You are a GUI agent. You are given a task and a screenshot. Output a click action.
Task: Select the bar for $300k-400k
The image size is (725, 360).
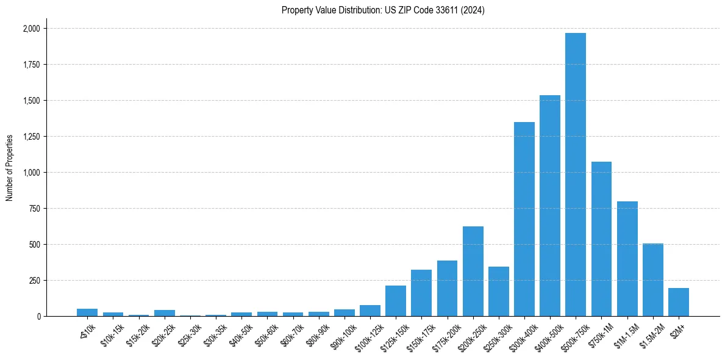[x=524, y=219]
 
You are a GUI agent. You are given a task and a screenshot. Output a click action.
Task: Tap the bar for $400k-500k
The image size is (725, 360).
[x=550, y=206]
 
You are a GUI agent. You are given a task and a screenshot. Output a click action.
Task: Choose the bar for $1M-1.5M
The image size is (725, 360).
[x=627, y=259]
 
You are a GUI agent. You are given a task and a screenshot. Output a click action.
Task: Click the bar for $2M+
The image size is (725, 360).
[x=679, y=302]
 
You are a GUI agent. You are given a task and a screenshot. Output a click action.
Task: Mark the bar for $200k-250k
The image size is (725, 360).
[x=473, y=272]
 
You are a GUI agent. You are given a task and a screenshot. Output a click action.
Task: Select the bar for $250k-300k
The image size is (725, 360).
[x=499, y=292]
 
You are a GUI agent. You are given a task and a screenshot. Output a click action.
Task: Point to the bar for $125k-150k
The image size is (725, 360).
[x=396, y=301]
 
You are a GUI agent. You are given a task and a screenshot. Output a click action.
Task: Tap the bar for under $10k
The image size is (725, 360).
[x=87, y=312]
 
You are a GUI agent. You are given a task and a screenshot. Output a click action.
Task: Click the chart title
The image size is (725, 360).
[x=383, y=10]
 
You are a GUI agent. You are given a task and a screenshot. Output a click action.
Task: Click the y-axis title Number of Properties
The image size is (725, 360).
[x=10, y=167]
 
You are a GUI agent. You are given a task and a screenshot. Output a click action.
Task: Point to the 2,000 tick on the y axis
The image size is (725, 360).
[x=32, y=29]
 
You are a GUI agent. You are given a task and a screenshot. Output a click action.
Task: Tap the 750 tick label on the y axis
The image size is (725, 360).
[x=34, y=209]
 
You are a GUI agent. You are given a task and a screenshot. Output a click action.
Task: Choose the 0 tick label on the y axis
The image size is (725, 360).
[x=38, y=317]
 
